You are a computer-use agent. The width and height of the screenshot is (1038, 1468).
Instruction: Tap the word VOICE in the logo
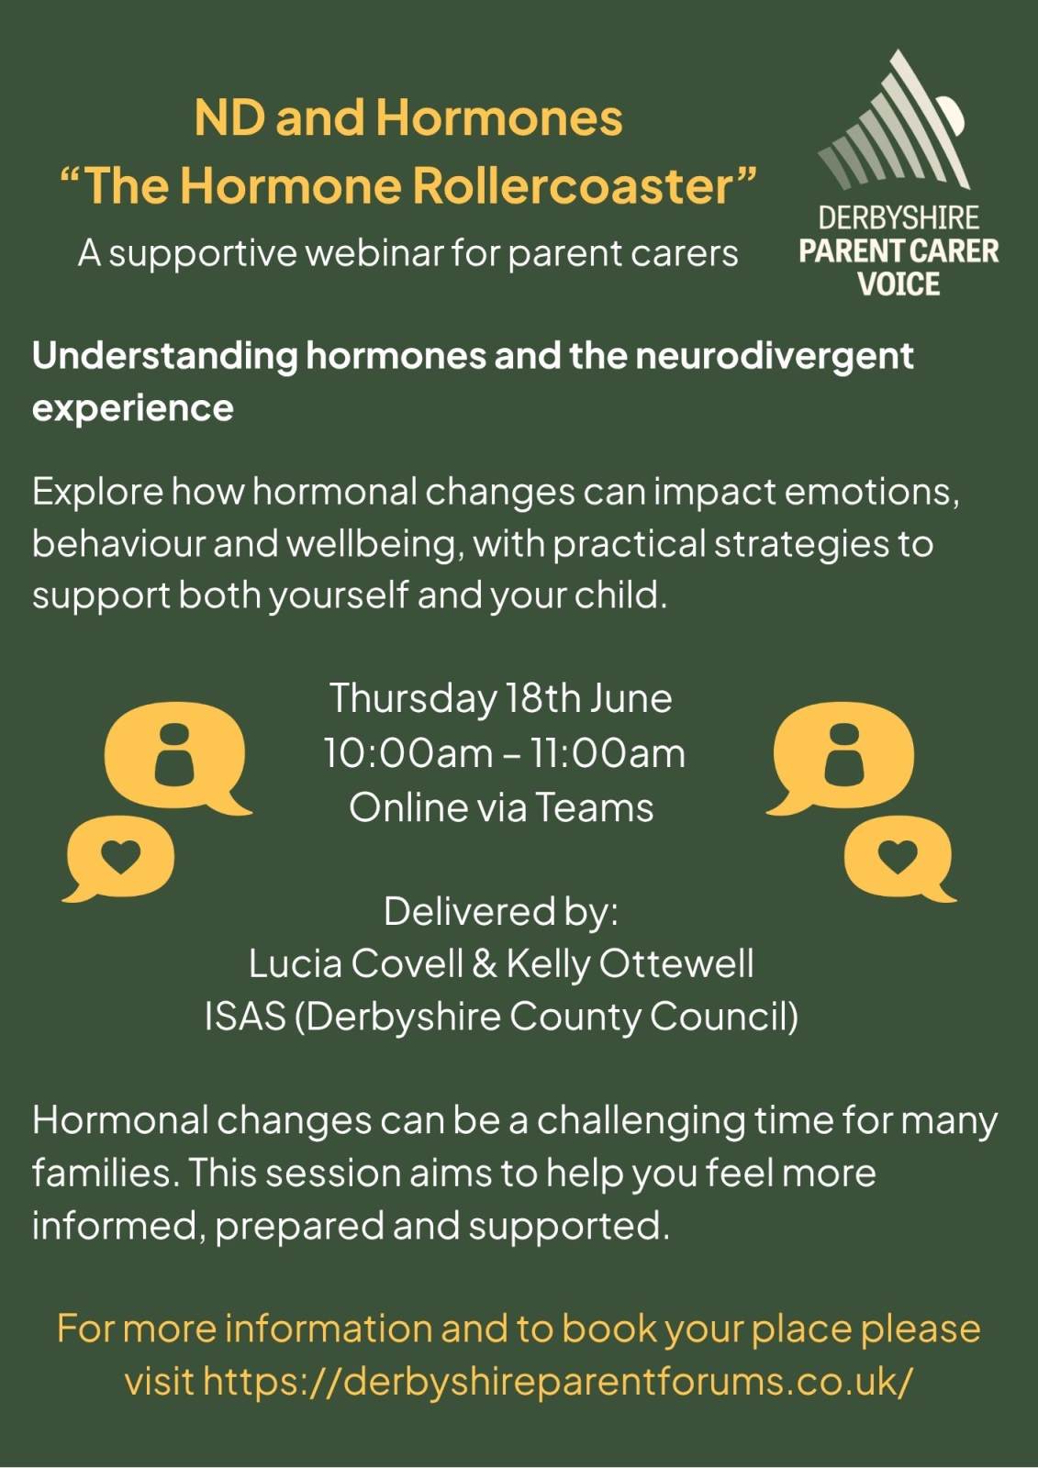(x=898, y=284)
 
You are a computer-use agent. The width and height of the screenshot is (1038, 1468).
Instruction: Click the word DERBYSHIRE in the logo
(x=898, y=217)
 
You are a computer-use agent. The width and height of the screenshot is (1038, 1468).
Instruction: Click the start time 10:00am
(x=407, y=753)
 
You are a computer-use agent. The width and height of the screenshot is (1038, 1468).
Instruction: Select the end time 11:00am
(x=606, y=753)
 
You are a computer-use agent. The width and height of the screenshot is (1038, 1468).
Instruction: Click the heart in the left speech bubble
(x=121, y=856)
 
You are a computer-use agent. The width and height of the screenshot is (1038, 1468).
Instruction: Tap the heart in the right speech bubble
(x=898, y=856)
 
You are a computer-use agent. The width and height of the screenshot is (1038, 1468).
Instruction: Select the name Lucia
(x=296, y=963)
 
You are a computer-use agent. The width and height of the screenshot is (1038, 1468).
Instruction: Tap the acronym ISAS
(x=245, y=1017)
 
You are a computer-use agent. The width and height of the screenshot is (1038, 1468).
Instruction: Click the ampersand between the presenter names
(x=484, y=963)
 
